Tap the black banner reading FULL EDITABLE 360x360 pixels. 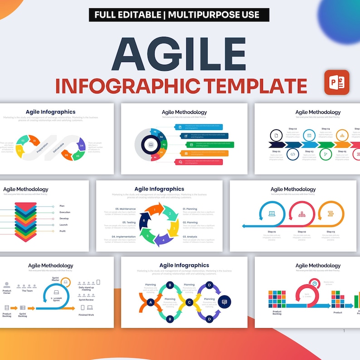[179, 15]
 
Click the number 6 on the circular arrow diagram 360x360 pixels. [144, 220]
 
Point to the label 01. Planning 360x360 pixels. [190, 209]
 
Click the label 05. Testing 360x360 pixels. [129, 223]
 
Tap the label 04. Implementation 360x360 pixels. [123, 236]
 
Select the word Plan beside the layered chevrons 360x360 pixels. [62, 206]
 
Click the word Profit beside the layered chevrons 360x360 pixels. [63, 231]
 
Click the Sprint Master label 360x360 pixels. [56, 279]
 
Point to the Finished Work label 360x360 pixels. [86, 315]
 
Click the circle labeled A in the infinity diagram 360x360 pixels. [151, 302]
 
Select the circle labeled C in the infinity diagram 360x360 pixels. [190, 302]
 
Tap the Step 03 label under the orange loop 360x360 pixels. [331, 232]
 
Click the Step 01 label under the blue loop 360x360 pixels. [272, 232]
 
